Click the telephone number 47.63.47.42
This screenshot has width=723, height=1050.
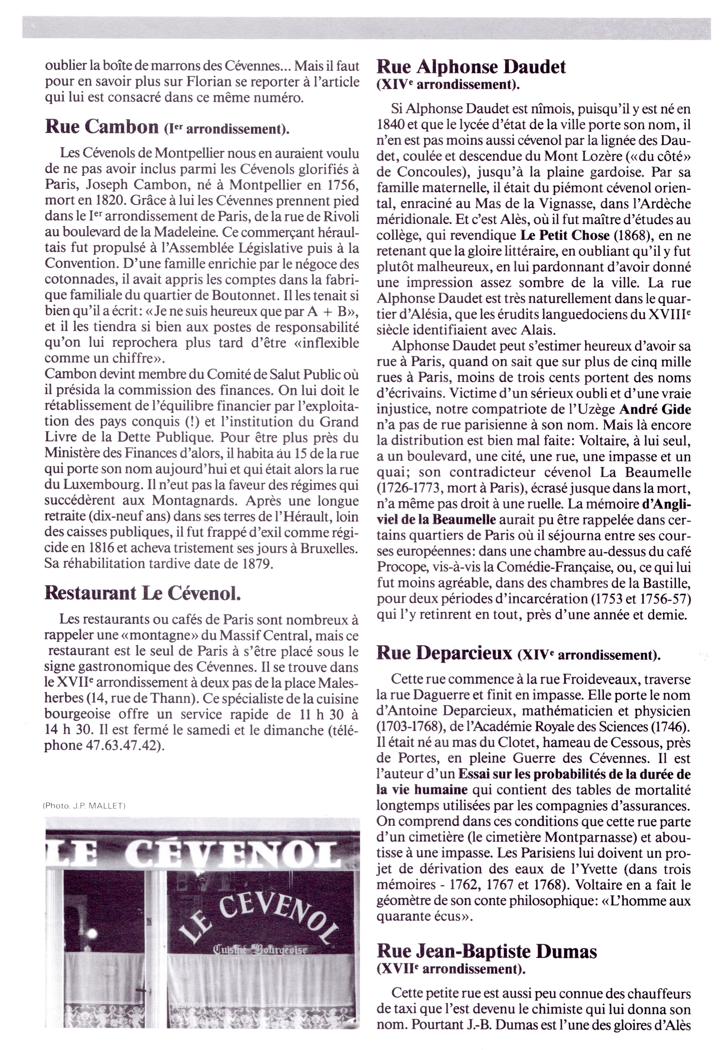[123, 746]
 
